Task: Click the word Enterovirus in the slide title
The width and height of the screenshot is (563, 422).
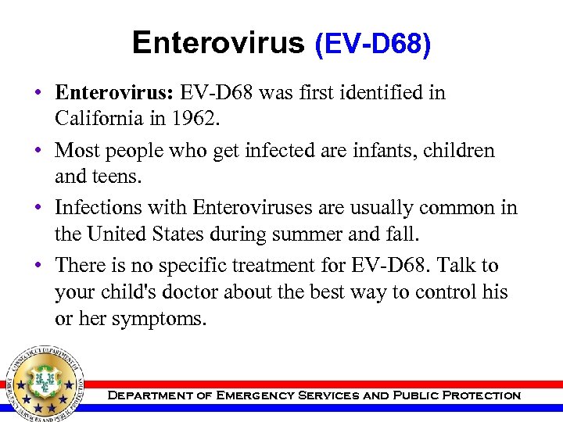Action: coord(218,42)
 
